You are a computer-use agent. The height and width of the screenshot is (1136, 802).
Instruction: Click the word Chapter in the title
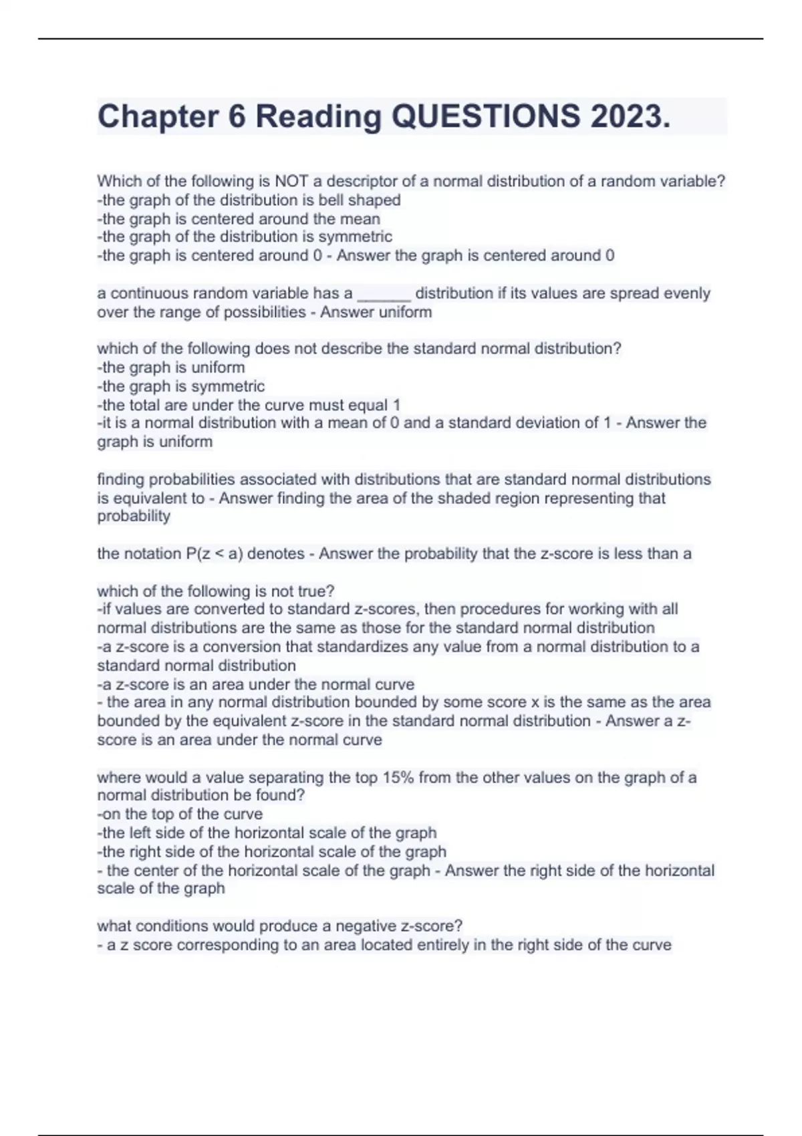tap(158, 116)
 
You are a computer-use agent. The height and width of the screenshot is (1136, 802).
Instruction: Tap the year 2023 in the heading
tap(630, 116)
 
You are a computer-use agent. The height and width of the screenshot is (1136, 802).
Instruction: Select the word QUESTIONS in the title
tap(486, 116)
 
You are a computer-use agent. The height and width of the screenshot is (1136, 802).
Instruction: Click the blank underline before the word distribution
tap(384, 293)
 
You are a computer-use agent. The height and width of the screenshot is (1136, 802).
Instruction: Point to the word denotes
tap(276, 554)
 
